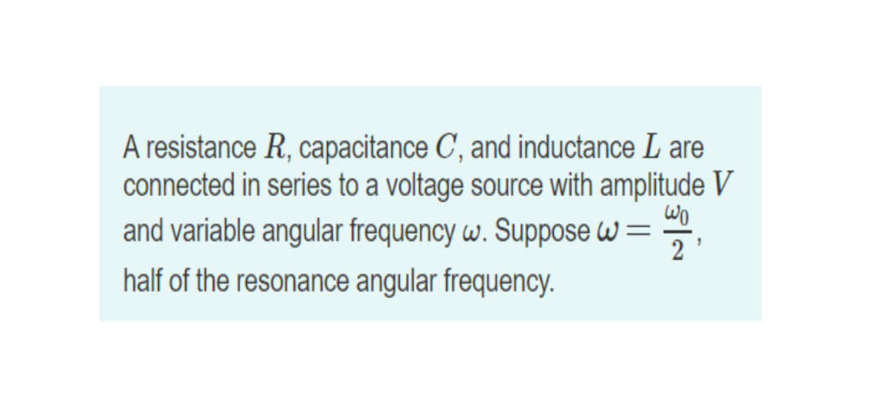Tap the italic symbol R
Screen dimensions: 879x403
tap(267, 148)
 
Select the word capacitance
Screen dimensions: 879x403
tap(361, 149)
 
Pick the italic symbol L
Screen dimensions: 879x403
tap(651, 148)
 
